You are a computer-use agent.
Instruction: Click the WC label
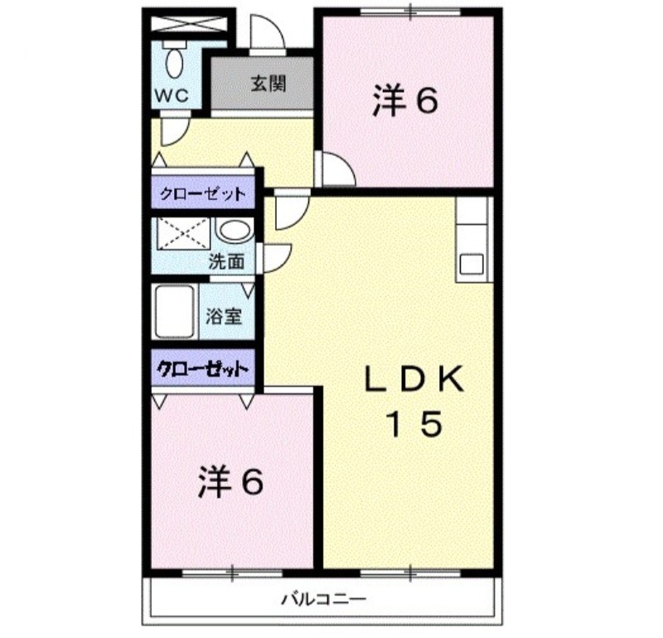point(171,96)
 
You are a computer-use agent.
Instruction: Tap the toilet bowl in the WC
point(174,63)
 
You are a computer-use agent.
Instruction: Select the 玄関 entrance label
point(268,84)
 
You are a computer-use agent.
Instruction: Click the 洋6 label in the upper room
point(404,100)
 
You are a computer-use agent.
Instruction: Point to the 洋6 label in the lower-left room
point(230,482)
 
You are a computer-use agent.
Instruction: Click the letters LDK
point(414,379)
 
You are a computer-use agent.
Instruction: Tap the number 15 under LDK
point(415,424)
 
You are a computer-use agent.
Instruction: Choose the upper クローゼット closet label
point(202,194)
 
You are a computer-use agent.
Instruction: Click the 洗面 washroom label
point(226,262)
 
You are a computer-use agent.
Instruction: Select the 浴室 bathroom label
point(224,316)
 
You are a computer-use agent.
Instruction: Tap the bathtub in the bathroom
point(175,312)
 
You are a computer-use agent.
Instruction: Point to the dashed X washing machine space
point(183,234)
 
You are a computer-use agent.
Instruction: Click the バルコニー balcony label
point(323,599)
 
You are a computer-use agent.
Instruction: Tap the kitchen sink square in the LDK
point(472,264)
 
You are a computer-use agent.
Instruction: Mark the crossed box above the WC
point(189,24)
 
